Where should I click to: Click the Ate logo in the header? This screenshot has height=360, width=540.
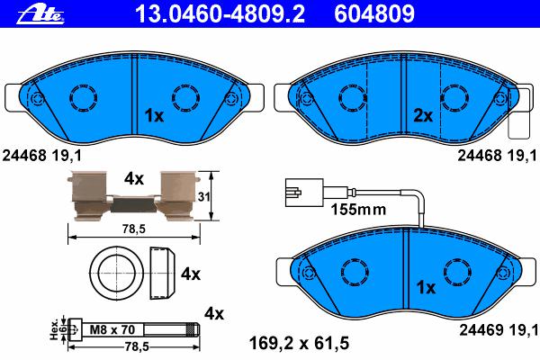[x=40, y=15]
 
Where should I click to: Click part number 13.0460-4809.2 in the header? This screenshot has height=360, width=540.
[x=220, y=14]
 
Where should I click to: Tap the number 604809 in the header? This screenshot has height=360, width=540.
[x=374, y=14]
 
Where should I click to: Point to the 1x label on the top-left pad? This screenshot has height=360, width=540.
[x=154, y=116]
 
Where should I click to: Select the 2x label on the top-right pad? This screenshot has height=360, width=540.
[x=423, y=116]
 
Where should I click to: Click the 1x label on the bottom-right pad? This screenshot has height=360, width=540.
[x=426, y=287]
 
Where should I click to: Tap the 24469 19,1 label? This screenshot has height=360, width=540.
[x=499, y=330]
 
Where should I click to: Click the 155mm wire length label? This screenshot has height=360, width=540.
[x=358, y=209]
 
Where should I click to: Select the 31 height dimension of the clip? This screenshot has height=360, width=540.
[x=204, y=197]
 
